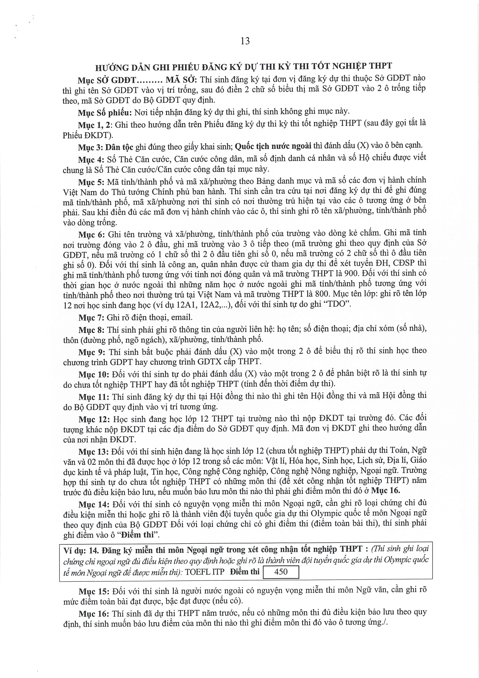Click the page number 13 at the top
[x=245, y=41]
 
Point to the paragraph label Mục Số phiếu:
[x=105, y=112]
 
